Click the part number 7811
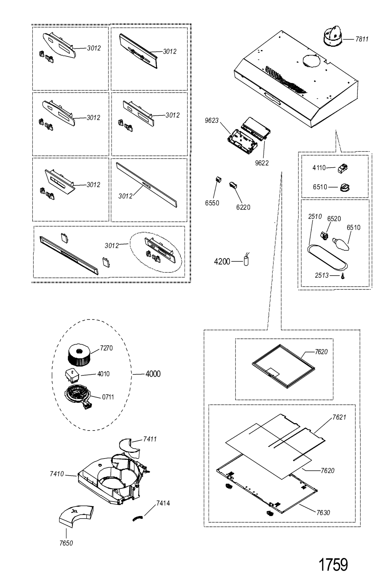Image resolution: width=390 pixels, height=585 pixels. (x=362, y=39)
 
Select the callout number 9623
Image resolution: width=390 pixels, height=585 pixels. (x=212, y=121)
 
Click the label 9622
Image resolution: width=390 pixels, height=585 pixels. (x=261, y=163)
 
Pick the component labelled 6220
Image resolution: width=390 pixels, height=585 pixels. (x=233, y=185)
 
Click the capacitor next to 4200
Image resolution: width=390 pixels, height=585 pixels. (x=245, y=261)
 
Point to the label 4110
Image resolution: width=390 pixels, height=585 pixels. (x=319, y=168)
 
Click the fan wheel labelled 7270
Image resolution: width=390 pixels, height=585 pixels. (x=80, y=354)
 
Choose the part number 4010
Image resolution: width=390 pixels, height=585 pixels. (x=104, y=374)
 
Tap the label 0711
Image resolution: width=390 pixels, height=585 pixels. (x=108, y=397)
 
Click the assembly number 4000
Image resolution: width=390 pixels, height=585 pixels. (x=152, y=374)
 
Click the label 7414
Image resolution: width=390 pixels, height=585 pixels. (x=163, y=503)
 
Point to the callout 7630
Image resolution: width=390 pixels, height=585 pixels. (x=323, y=513)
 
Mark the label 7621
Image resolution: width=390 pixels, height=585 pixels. (x=339, y=417)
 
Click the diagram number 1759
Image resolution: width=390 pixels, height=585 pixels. (x=333, y=564)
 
